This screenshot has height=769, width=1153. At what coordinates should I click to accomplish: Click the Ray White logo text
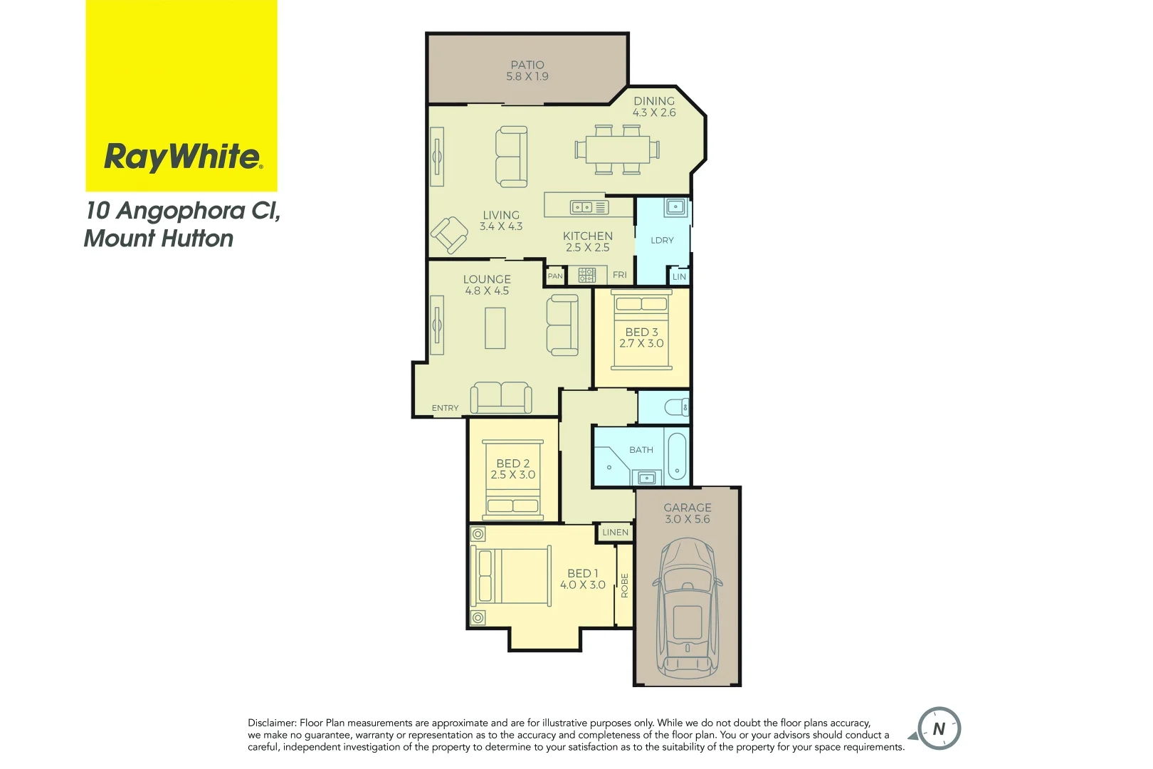point(183,157)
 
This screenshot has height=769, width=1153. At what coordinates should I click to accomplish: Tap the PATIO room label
point(527,65)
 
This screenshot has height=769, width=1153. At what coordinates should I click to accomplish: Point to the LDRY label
point(662,241)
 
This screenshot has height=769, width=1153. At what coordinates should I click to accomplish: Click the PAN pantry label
point(555,276)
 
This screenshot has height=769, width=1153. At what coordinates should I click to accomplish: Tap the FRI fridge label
point(620,275)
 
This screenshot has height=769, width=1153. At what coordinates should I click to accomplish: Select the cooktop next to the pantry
point(586,275)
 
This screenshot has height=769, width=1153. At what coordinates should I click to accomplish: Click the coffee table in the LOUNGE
point(495,328)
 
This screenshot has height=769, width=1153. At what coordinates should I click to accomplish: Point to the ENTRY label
point(446,408)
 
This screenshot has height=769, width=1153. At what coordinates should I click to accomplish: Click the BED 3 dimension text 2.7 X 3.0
point(641,343)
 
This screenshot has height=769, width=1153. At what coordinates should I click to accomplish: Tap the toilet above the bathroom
point(676,407)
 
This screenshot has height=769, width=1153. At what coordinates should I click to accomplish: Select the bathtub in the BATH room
point(677,455)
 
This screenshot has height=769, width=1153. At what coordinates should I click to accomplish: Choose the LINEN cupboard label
point(616,533)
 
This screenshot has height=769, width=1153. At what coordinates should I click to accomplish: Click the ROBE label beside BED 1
point(625,585)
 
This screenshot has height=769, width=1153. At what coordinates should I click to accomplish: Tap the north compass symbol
point(939,729)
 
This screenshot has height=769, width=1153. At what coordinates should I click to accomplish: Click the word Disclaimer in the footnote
point(271,723)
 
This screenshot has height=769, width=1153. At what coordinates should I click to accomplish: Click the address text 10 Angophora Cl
point(183,211)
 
